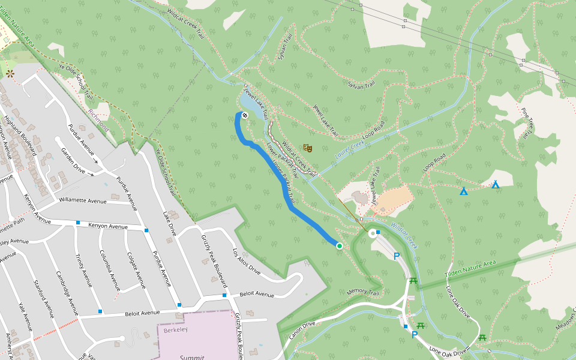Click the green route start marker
click(x=339, y=245)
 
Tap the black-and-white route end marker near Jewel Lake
click(x=245, y=114)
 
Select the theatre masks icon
click(x=308, y=148)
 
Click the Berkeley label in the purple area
click(x=176, y=330)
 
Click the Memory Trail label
click(x=364, y=293)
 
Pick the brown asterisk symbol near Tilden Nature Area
click(x=10, y=74)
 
